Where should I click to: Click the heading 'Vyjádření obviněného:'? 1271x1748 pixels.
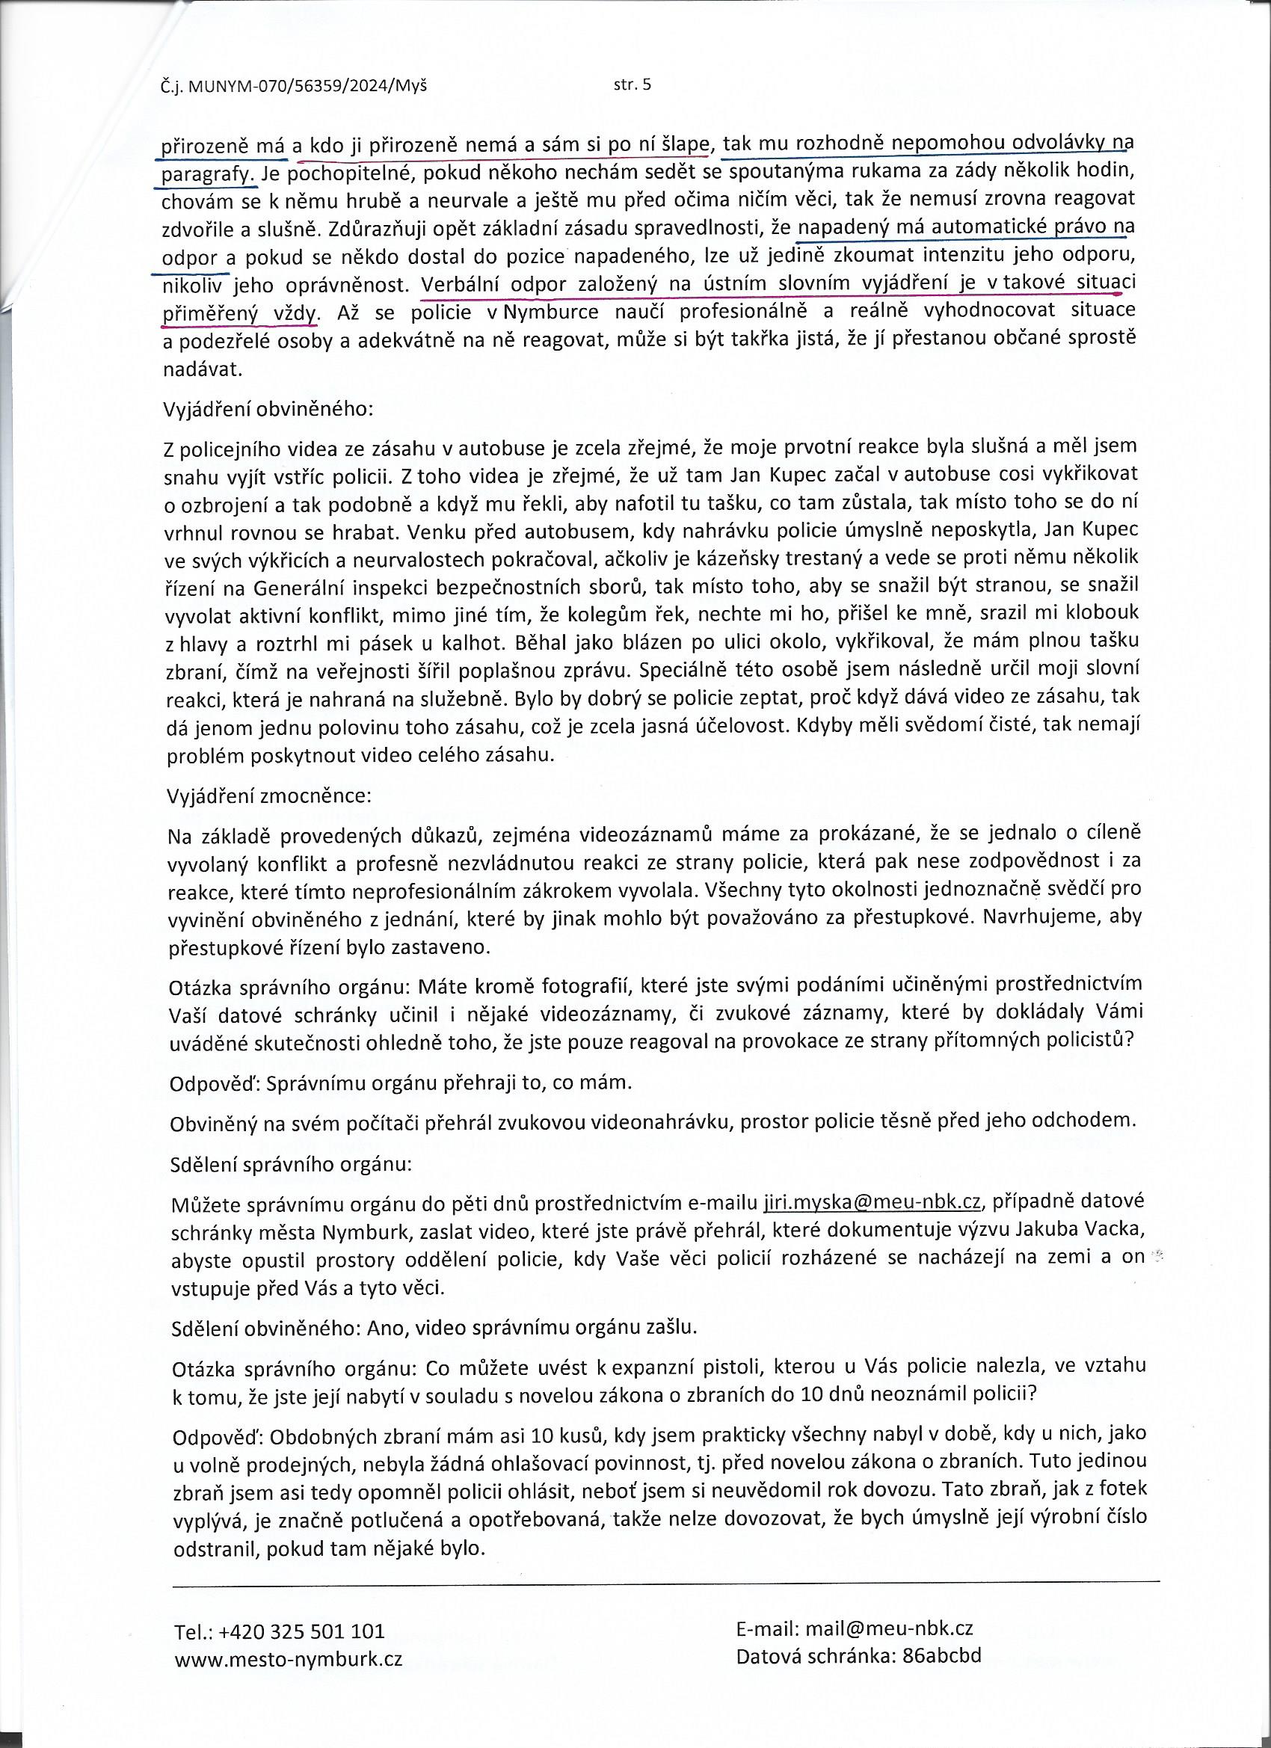tap(268, 409)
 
